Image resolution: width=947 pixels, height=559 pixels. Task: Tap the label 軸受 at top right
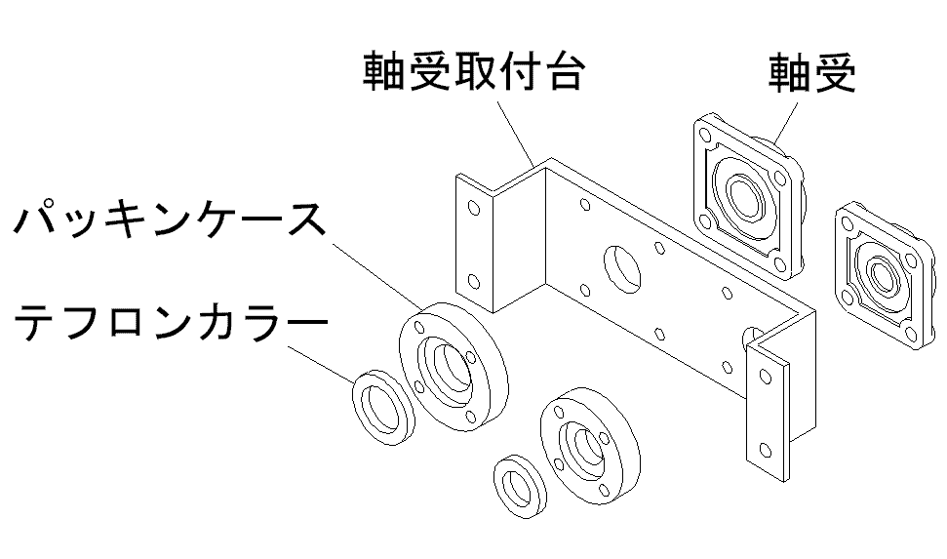click(812, 70)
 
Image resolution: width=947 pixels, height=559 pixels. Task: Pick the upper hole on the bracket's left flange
click(474, 208)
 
